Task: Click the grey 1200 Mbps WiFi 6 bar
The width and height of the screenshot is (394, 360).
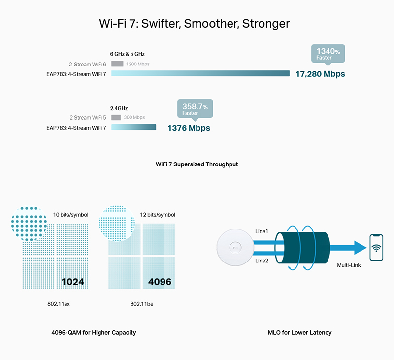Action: [117, 64]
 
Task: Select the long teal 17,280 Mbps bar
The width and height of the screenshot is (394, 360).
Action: [200, 73]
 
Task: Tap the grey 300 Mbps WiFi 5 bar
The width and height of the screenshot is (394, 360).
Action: [116, 117]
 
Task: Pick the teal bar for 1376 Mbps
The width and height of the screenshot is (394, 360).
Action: [133, 127]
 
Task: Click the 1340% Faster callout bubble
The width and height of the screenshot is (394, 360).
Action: [328, 54]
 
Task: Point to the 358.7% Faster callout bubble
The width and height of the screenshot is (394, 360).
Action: [195, 109]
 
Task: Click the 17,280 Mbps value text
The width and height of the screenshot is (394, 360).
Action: [320, 74]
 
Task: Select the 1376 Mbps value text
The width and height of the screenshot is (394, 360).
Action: [189, 128]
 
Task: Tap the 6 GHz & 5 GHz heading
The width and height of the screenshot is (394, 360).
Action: [127, 54]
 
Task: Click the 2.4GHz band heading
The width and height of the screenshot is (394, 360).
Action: [119, 108]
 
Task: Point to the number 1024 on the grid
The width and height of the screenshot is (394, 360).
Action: [72, 282]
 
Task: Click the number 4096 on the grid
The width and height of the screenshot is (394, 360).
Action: [160, 282]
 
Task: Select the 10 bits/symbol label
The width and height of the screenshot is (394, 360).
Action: [70, 215]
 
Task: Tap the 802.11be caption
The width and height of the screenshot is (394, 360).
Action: [142, 304]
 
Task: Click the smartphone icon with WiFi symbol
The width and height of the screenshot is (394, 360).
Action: [376, 247]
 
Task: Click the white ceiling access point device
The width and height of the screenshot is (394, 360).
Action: [235, 247]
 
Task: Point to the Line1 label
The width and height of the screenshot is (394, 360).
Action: [262, 231]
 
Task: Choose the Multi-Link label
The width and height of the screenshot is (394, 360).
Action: [349, 265]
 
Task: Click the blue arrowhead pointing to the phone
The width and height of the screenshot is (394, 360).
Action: [360, 247]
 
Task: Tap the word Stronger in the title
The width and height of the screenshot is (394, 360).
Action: [266, 24]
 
